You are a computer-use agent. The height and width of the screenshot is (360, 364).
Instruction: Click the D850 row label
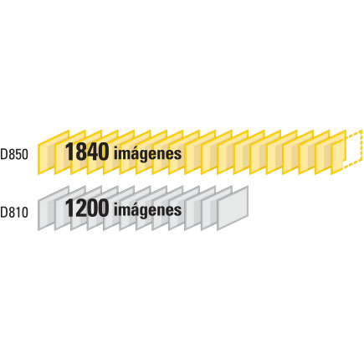(14, 154)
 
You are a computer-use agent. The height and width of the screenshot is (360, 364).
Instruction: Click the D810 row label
(14, 212)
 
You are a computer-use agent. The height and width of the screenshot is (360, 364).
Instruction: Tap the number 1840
(87, 152)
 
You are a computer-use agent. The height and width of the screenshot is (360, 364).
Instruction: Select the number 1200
(87, 208)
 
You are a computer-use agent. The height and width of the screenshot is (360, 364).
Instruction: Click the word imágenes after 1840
(148, 154)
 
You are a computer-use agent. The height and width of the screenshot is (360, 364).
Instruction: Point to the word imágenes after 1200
(148, 210)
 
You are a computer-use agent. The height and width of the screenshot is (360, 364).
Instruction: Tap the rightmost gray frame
(233, 208)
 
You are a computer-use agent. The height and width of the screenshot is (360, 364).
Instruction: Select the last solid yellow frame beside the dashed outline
(337, 157)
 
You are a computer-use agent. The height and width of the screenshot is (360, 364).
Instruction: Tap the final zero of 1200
(103, 208)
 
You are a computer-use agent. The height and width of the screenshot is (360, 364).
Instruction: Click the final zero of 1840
(103, 152)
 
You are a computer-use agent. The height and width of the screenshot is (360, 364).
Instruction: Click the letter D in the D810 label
(3, 212)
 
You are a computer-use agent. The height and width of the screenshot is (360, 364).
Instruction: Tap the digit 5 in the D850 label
(18, 154)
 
